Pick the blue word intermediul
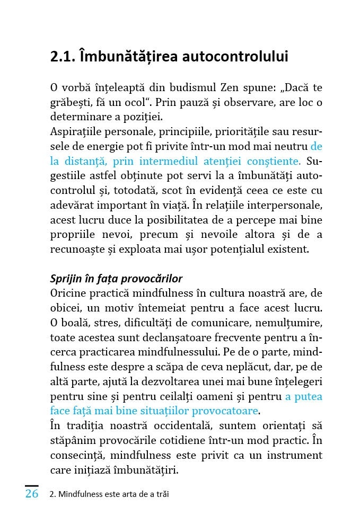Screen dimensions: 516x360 (x=173, y=161)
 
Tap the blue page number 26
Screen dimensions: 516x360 (x=32, y=494)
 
